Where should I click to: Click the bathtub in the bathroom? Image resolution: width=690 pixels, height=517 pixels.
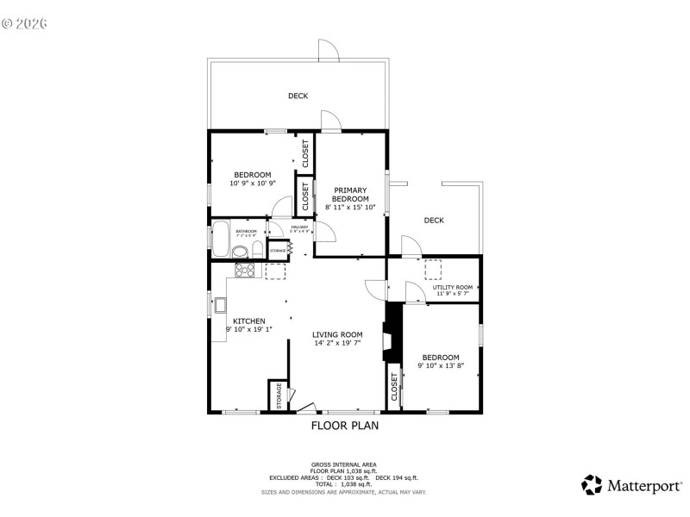click(x=221, y=240)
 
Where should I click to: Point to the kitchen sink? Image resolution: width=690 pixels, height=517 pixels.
click(x=221, y=304)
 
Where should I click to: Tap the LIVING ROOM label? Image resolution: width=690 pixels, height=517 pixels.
click(x=337, y=334)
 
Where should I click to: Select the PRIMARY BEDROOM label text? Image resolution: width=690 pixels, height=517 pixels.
click(x=350, y=195)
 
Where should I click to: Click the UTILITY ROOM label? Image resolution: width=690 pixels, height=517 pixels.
click(x=453, y=287)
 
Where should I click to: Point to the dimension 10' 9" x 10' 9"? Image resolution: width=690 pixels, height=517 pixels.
click(x=252, y=183)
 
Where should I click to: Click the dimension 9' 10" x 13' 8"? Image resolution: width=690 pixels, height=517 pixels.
click(x=441, y=365)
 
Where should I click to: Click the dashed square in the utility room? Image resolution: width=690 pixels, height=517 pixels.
click(x=432, y=269)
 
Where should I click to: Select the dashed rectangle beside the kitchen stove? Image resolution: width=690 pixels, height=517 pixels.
click(x=276, y=272)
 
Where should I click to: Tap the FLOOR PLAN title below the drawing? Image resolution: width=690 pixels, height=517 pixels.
click(x=344, y=425)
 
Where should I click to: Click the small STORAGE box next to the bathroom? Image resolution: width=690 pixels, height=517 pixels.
click(x=279, y=251)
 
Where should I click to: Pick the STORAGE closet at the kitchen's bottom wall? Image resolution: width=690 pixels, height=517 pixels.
click(x=279, y=396)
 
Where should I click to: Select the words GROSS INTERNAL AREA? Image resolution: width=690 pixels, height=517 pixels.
click(x=344, y=464)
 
